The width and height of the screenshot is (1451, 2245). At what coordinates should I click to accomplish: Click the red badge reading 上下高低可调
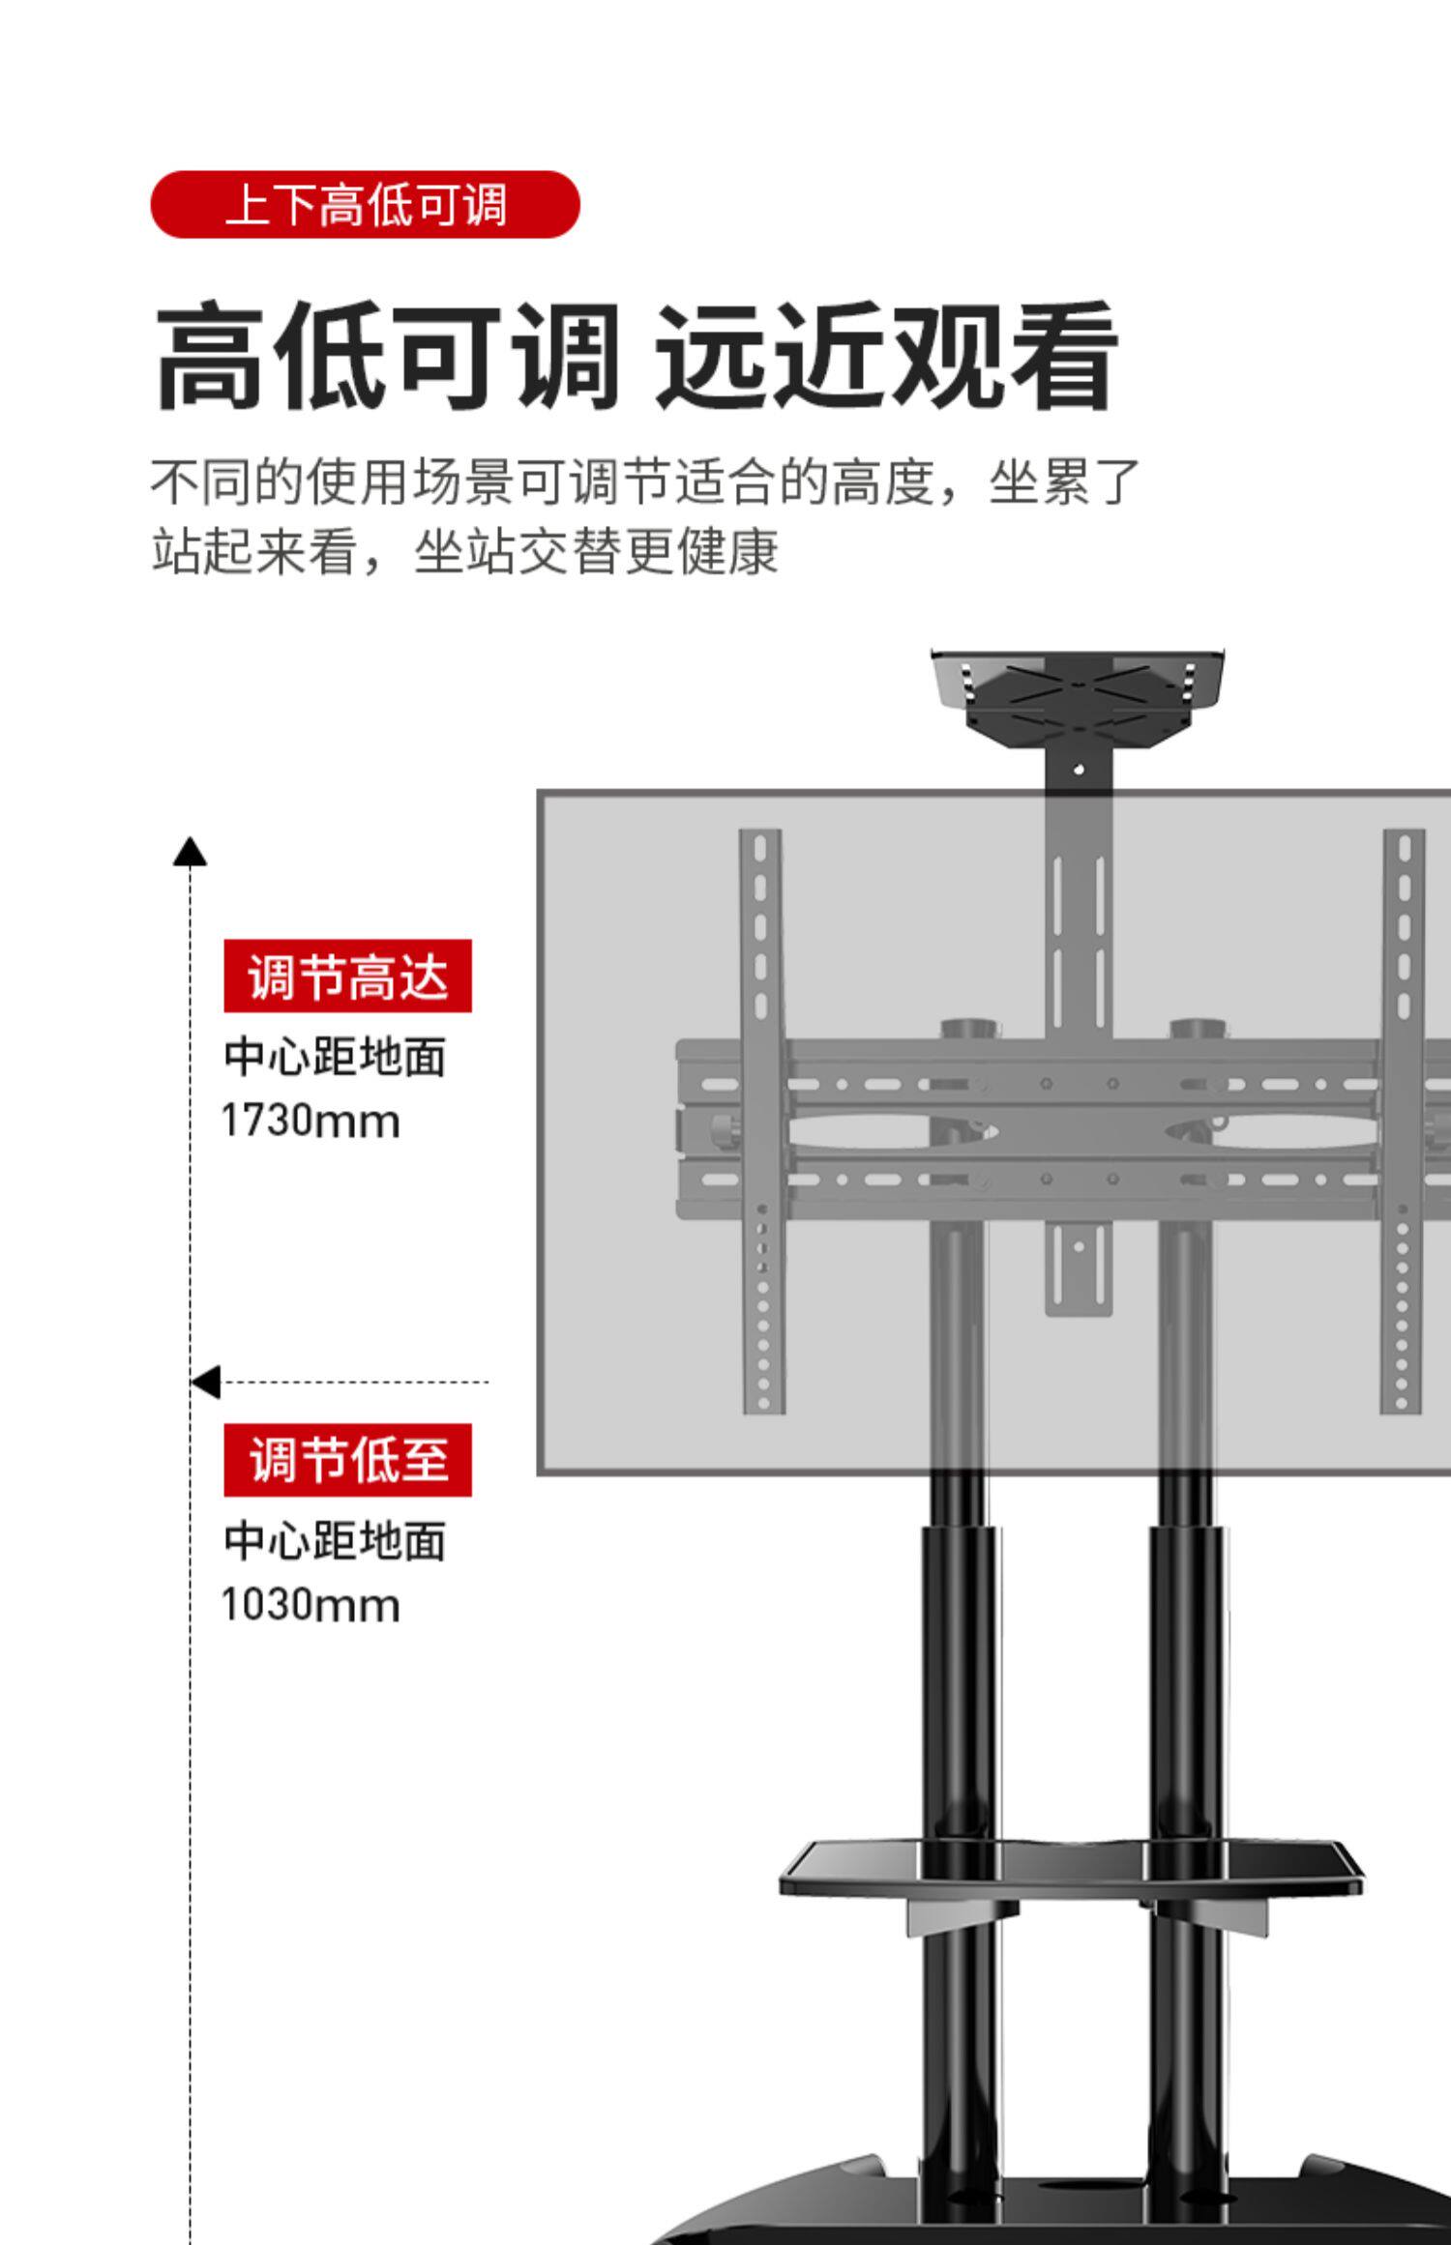[x=365, y=205]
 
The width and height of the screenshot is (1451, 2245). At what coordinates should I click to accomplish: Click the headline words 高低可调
[x=387, y=356]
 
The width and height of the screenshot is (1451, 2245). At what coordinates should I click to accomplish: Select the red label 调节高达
[x=347, y=976]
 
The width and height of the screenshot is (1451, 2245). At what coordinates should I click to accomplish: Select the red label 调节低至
[x=347, y=1460]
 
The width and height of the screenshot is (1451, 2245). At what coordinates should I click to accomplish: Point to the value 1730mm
[x=310, y=1122]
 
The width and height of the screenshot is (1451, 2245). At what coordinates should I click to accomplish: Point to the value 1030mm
[x=310, y=1606]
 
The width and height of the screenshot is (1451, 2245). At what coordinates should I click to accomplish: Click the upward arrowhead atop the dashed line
[x=190, y=852]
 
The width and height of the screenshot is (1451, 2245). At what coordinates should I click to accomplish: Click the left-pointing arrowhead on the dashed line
[x=206, y=1382]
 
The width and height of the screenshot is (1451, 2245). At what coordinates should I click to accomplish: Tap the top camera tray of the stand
[x=1078, y=694]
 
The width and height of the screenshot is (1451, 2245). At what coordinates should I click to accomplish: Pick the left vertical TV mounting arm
[x=761, y=1122]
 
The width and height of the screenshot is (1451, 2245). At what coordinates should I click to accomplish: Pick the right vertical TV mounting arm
[x=1403, y=1122]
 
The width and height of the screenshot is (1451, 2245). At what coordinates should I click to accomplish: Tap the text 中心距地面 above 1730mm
[x=335, y=1057]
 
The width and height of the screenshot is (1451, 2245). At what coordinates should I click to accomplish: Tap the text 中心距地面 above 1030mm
[x=335, y=1541]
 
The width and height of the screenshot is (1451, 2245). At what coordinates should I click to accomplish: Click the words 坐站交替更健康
[x=596, y=552]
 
